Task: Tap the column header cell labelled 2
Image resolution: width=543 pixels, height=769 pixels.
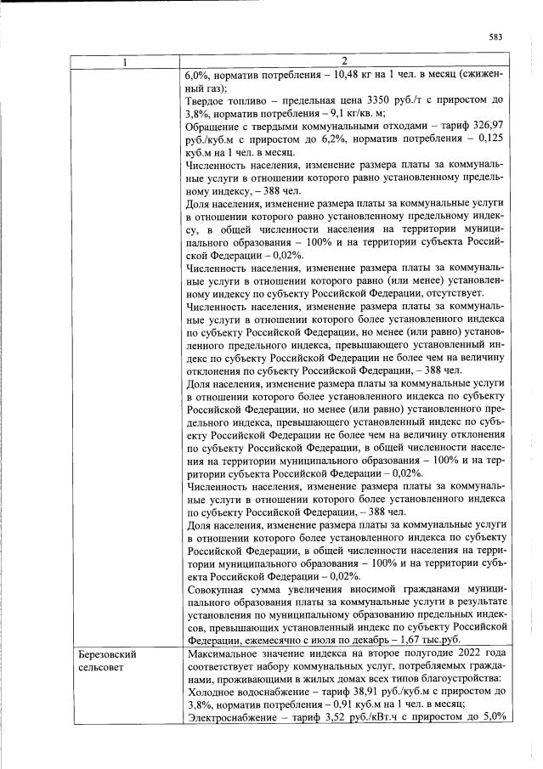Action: click(x=344, y=61)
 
